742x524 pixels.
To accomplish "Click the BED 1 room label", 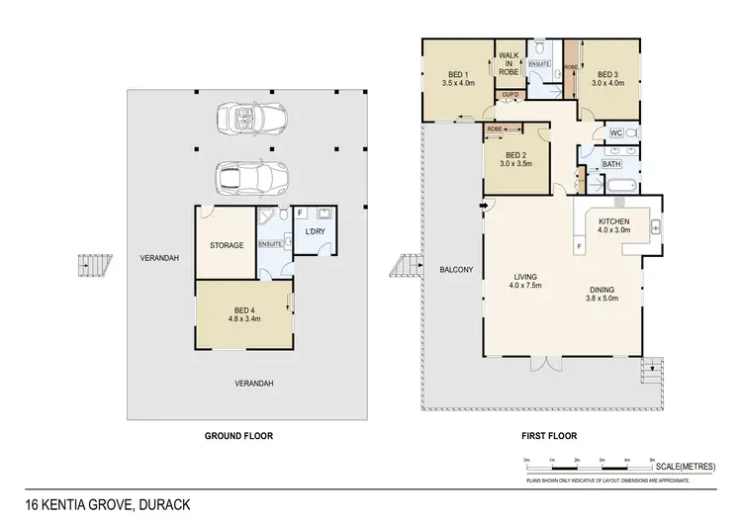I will point(458,74).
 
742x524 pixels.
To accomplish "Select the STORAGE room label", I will point(226,245).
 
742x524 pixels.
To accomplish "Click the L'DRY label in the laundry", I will point(315,231).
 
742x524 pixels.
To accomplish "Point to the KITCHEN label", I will point(615,221).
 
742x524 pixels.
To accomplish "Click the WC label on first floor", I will point(614,133).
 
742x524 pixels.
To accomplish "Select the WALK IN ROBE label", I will point(510,64).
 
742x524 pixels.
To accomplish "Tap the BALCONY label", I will point(455,270).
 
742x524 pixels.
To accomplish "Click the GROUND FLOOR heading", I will point(237,435).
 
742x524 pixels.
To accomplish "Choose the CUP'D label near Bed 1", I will point(510,96).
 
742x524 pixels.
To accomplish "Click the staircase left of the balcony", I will point(405,267).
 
